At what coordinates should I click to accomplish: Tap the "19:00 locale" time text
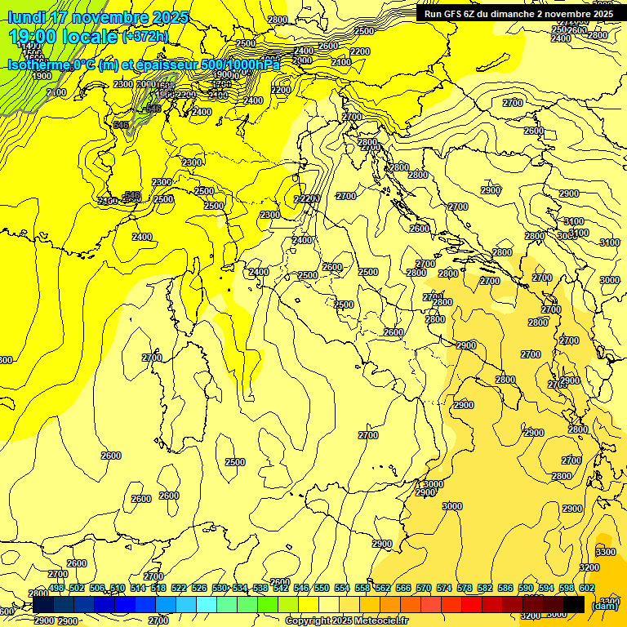coord(62,36)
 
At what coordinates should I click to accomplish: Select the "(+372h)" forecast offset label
coord(145,37)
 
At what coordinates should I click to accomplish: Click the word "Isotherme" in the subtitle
coord(38,65)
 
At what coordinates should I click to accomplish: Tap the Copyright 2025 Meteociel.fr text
coord(346,620)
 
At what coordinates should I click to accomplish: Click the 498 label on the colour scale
coord(56,588)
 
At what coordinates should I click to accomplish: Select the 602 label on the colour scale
coord(587,588)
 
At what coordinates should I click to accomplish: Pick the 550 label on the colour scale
coord(322,588)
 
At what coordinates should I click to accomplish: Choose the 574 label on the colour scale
coord(444,588)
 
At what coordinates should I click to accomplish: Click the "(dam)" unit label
coord(604,605)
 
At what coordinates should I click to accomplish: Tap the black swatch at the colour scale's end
coord(574,605)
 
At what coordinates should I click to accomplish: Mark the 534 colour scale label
coord(240,588)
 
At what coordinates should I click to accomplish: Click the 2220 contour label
coord(306,198)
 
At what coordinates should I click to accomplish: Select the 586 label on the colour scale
coord(505,588)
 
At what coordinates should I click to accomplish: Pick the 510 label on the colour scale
coord(118,588)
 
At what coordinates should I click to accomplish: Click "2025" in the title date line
coord(170,17)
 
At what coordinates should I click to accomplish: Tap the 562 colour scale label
coord(383,588)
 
